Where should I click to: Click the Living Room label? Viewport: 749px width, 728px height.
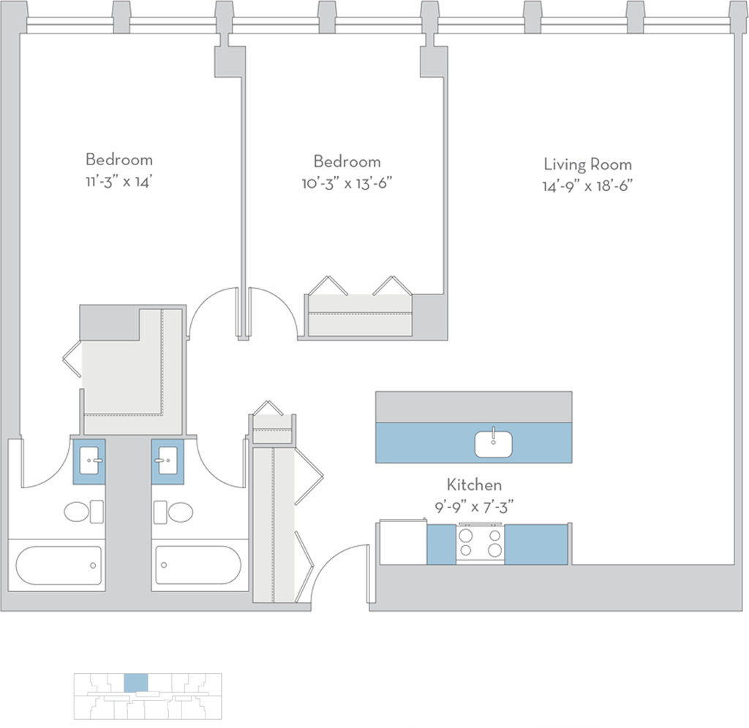587,164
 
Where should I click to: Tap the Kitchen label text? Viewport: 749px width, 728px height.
474,485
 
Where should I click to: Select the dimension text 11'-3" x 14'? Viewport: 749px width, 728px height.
119,181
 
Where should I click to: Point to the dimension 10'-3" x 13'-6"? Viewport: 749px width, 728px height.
347,183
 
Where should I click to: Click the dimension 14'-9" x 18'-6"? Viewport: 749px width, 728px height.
587,186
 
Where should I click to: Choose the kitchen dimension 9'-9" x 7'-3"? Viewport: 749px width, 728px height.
474,507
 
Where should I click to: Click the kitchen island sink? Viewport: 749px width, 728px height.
494,444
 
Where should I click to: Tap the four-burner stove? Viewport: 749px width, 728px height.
480,544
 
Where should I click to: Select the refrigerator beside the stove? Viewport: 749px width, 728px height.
403,542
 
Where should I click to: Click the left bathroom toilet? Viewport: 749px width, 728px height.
83,512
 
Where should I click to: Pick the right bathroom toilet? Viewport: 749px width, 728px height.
173,512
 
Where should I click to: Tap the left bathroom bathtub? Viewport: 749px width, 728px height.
59,566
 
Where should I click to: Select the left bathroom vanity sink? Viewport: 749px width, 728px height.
89,460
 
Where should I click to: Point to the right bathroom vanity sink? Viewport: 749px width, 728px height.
168,460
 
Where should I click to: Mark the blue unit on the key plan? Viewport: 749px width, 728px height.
135,683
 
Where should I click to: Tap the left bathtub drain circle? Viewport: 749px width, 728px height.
93,566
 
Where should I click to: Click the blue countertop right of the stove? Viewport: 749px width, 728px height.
536,545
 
